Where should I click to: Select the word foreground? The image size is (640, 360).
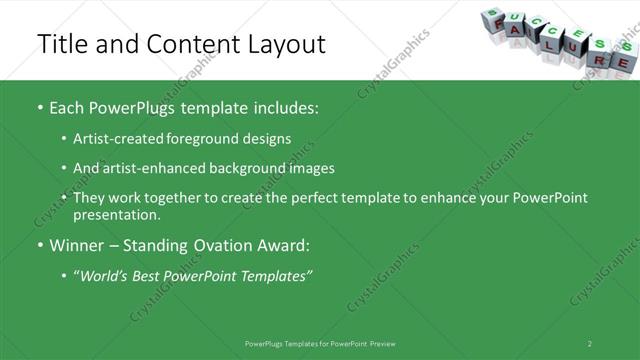(200, 138)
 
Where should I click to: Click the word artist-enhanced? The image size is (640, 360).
(146, 168)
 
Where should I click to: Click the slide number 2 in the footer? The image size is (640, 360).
(590, 343)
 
